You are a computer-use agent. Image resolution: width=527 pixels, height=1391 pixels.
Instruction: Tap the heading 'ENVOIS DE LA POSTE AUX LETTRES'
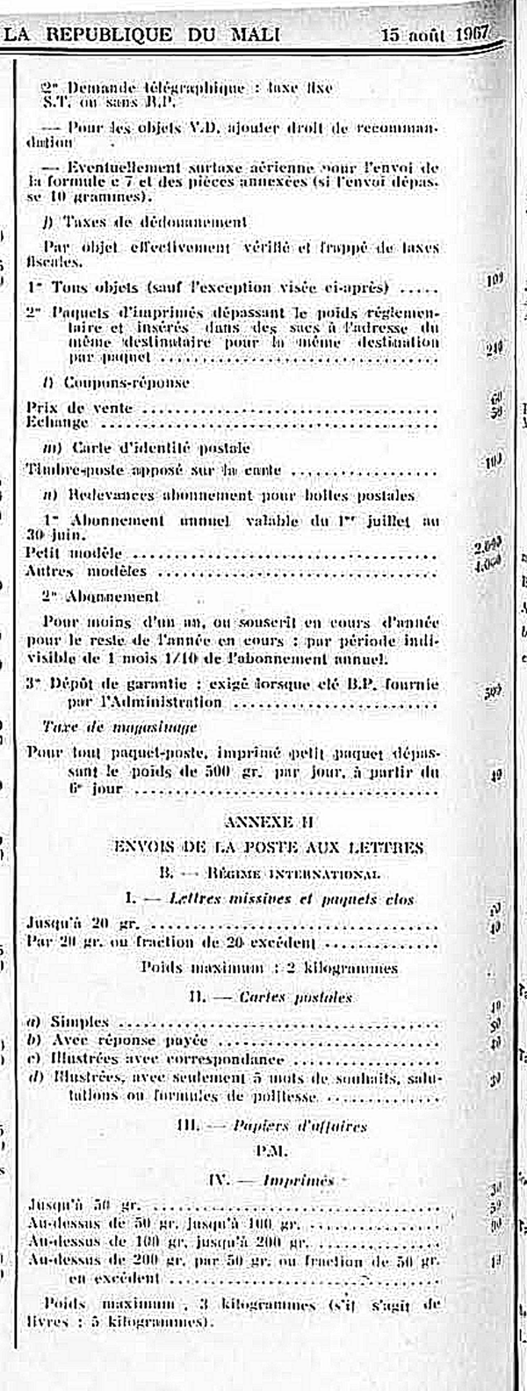pos(269,847)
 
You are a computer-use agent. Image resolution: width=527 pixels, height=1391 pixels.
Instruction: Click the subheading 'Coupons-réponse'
pos(126,382)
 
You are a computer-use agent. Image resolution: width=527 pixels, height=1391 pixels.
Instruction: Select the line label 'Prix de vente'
pos(80,408)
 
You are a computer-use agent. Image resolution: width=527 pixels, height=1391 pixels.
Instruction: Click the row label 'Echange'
pos(58,422)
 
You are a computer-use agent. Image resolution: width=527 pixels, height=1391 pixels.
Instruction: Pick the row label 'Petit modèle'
pos(75,554)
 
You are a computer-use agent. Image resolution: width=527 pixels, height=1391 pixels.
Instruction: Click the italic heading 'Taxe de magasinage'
pos(119,727)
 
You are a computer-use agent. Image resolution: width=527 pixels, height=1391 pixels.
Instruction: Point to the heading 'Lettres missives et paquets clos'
pos(290,899)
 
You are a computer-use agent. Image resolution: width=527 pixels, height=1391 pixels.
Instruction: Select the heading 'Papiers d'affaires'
pos(300,1126)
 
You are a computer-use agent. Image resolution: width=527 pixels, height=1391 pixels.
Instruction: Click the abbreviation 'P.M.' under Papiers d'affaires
pos(267,1150)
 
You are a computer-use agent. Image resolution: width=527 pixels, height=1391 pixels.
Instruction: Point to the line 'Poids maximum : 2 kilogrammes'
pos(269,967)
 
